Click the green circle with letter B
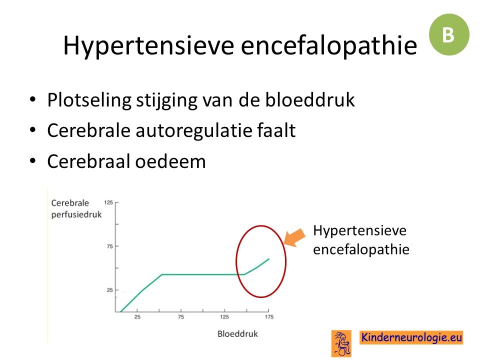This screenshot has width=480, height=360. point(449,34)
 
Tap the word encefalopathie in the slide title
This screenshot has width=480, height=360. point(329,45)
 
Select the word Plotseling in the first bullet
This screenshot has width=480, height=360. point(89,100)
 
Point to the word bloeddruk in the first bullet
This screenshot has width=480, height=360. point(310,99)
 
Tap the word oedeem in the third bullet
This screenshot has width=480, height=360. point(170,161)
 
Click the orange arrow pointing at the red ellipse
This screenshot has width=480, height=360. point(294,237)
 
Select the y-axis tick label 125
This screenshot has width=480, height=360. point(108,202)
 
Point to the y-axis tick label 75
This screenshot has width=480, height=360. point(110,246)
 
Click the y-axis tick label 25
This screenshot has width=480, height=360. point(110,290)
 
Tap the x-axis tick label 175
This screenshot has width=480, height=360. point(269,317)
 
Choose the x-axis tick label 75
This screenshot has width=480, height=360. point(181,317)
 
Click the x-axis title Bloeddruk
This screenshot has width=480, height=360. point(237,333)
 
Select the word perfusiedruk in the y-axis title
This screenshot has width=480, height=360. point(76,215)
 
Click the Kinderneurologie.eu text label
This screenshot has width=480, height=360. point(411,337)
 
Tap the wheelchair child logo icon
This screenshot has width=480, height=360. point(341,343)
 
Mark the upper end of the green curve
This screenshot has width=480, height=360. point(269,259)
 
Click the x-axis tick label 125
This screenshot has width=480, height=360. point(224,317)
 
